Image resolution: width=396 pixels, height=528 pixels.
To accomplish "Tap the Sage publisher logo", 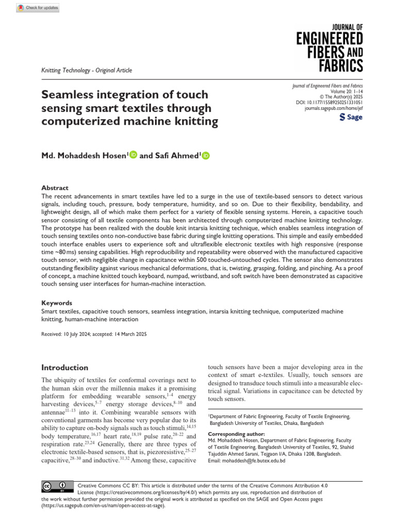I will click(x=351, y=117).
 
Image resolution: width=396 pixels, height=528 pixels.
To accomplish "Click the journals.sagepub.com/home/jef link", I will click(x=334, y=109).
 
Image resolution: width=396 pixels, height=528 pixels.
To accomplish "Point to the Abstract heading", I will click(x=55, y=188).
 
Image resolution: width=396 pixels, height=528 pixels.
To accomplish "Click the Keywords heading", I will click(x=56, y=303).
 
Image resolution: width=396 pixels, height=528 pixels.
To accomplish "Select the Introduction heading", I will click(x=64, y=368).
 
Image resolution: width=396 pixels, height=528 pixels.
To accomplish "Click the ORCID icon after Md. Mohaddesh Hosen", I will click(x=133, y=155).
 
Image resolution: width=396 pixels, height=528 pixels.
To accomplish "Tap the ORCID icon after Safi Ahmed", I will click(x=206, y=156).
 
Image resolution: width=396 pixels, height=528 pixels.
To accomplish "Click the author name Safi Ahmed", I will click(x=177, y=156).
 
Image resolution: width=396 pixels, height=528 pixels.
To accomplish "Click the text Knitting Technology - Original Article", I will click(x=86, y=70).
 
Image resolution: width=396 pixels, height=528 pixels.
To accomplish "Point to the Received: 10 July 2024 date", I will click(x=65, y=335).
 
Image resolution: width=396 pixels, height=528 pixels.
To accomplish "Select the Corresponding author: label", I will click(x=236, y=434).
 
